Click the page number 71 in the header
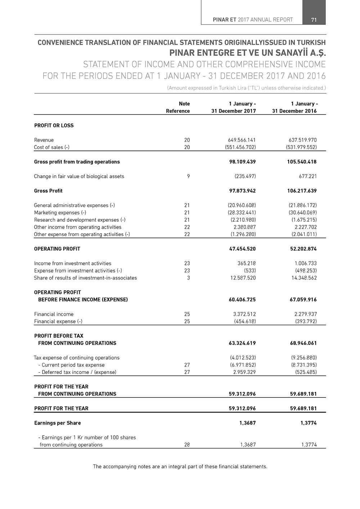(314, 20)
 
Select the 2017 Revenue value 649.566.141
(242, 140)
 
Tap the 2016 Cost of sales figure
(302, 147)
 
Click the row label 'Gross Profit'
(48, 191)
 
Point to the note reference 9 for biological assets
(188, 176)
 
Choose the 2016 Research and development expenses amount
(304, 220)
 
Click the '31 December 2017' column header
(233, 111)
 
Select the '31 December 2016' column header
(294, 111)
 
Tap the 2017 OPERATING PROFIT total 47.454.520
(242, 249)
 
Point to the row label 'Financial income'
(54, 314)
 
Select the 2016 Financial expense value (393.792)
(306, 321)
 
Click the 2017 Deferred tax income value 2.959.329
(244, 372)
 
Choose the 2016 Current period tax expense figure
(304, 365)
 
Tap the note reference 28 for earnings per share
(187, 445)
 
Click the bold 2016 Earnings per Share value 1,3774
(309, 423)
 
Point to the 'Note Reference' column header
(178, 107)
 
